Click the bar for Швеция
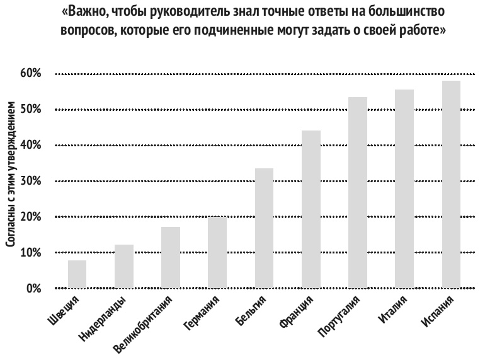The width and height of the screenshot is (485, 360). [77, 274]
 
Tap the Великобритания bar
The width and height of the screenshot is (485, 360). [171, 258]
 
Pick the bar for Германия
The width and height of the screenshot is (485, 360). [217, 252]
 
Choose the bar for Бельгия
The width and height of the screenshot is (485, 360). [264, 228]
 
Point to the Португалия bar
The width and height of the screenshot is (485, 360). [358, 192]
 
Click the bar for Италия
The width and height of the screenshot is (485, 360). [404, 189]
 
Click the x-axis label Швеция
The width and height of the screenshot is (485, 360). [66, 309]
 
